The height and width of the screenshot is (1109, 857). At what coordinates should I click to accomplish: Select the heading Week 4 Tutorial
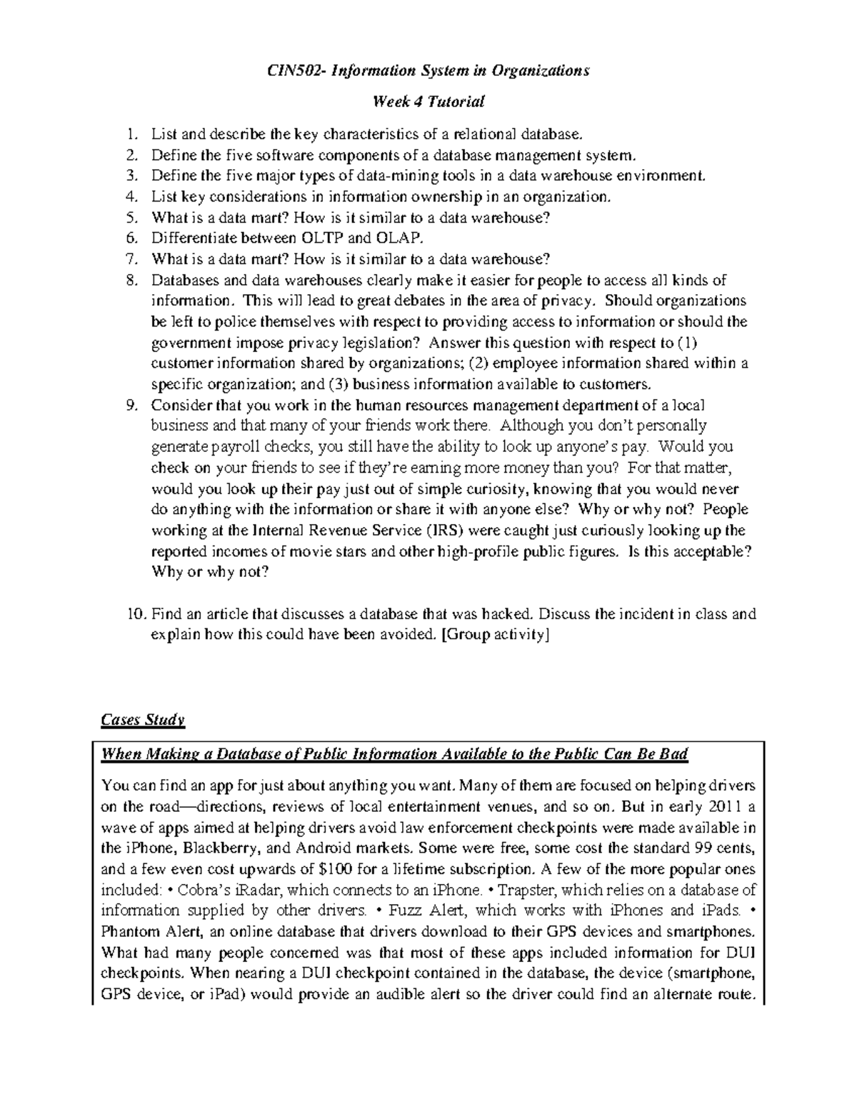(428, 101)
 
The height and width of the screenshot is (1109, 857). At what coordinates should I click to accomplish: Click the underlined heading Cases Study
(143, 720)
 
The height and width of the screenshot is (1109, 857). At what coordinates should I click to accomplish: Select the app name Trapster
(524, 890)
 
